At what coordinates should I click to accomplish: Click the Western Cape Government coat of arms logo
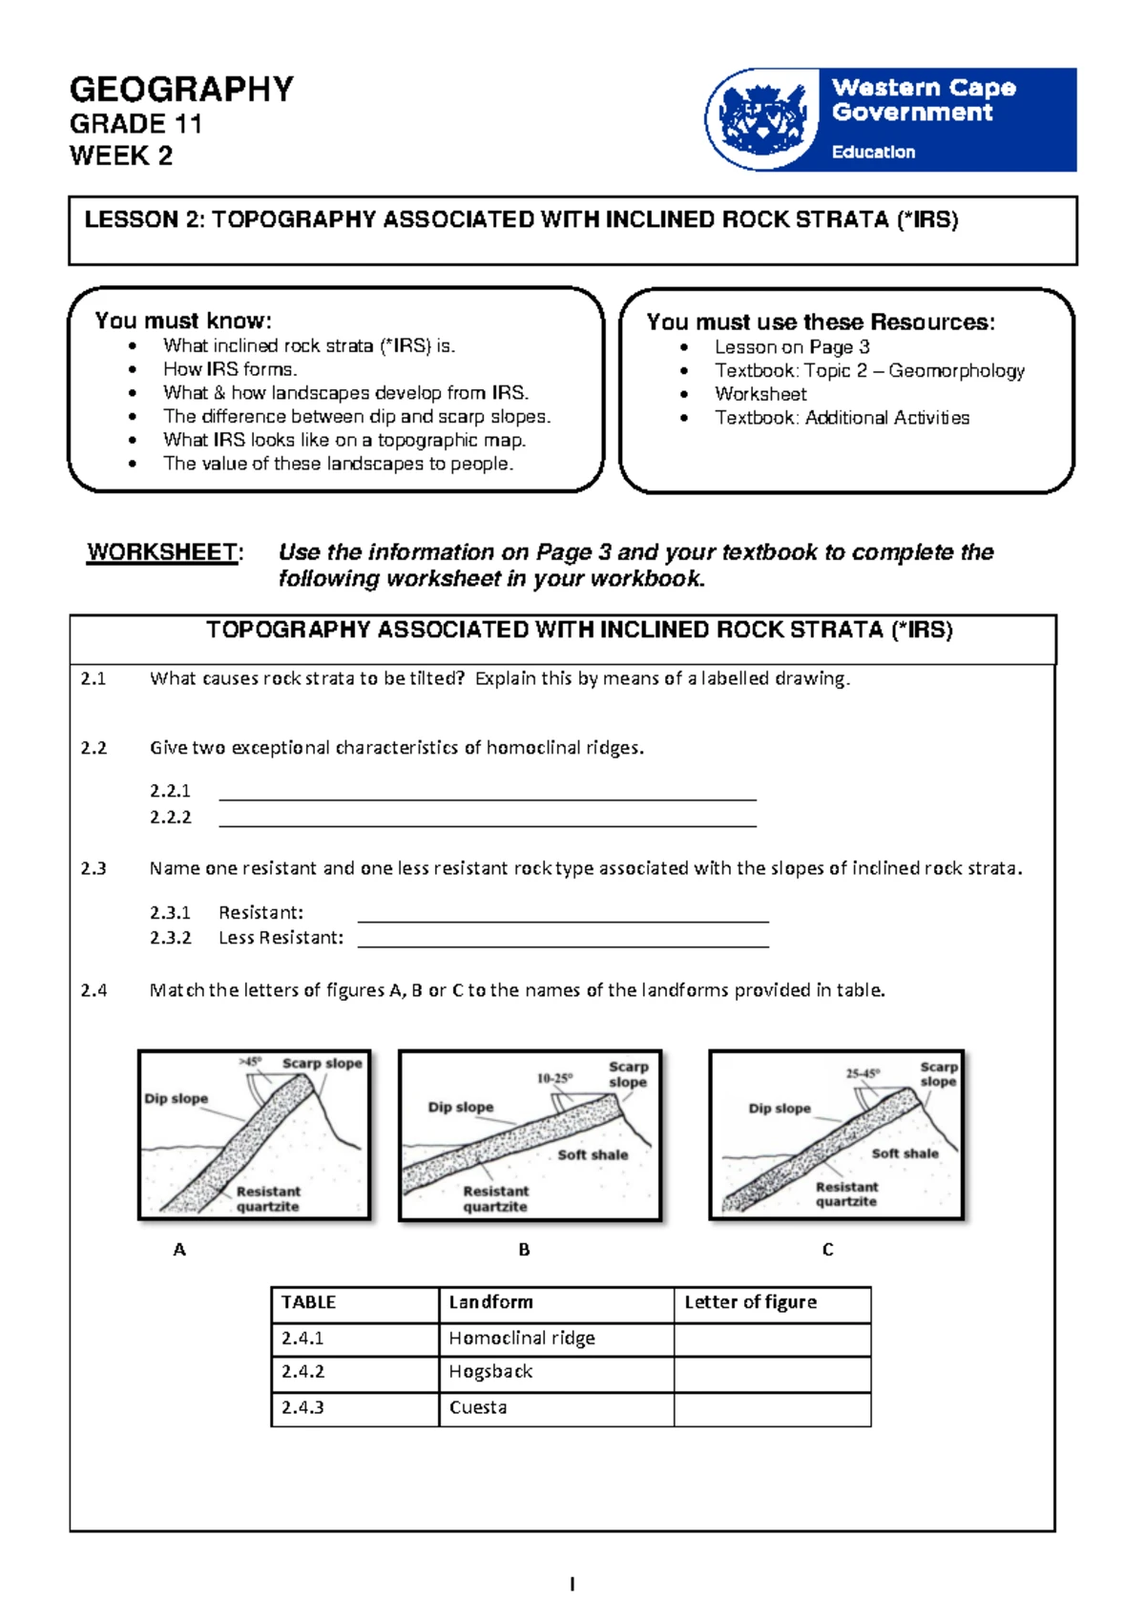point(762,119)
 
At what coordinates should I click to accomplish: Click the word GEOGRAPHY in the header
point(181,90)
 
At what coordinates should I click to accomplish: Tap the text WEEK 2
point(121,156)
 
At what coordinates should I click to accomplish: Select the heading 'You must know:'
point(183,321)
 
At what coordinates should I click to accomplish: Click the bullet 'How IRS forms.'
point(230,369)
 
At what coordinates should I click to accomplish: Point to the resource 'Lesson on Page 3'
point(792,347)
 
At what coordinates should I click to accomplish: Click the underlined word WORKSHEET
point(162,552)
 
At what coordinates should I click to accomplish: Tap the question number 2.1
point(94,679)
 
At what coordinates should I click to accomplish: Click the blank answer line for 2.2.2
point(487,819)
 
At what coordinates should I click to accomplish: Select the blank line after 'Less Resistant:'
point(563,939)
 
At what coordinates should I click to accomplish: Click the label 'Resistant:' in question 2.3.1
point(260,913)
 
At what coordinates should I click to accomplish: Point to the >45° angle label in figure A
point(250,1062)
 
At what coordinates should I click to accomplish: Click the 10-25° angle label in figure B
point(554,1078)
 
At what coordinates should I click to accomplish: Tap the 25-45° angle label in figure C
point(863,1073)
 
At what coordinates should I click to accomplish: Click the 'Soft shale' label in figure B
point(593,1154)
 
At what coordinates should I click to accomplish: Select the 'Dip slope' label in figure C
point(779,1109)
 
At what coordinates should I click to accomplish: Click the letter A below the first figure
point(179,1250)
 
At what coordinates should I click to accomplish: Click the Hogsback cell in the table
point(490,1372)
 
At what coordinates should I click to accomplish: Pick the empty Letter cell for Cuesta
point(771,1409)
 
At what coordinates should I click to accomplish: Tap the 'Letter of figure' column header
point(750,1302)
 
